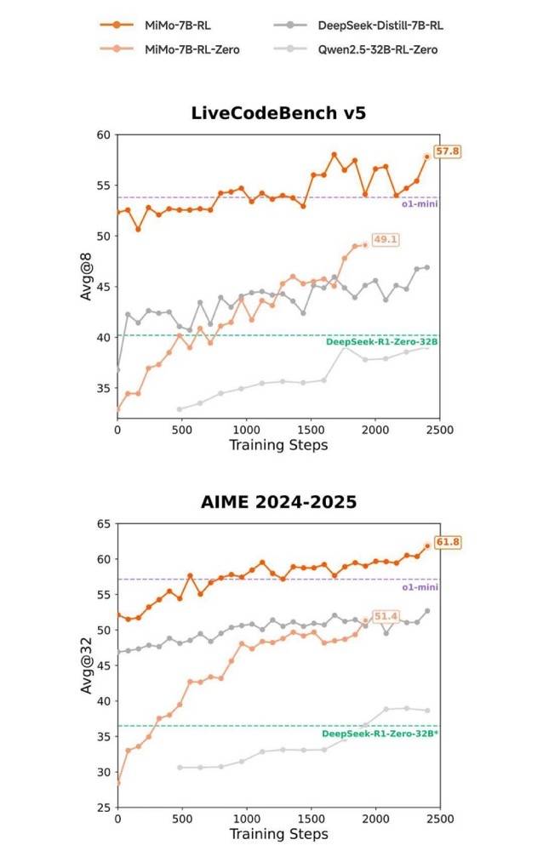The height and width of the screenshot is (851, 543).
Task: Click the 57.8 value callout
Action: coord(448,151)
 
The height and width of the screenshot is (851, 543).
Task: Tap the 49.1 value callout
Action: coord(386,240)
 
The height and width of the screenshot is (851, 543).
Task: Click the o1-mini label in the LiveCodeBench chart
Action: coord(420,204)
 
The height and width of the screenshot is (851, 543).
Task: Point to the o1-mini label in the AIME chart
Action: coord(420,587)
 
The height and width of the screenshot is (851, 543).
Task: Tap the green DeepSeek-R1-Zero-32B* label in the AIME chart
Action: coord(380,733)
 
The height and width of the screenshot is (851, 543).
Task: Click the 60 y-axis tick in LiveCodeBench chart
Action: coord(104,135)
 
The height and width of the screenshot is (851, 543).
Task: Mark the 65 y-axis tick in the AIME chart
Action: coord(104,524)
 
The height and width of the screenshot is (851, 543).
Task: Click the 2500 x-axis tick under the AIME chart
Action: coord(439,819)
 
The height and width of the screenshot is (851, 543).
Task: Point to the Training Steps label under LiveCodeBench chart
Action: coord(278,446)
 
